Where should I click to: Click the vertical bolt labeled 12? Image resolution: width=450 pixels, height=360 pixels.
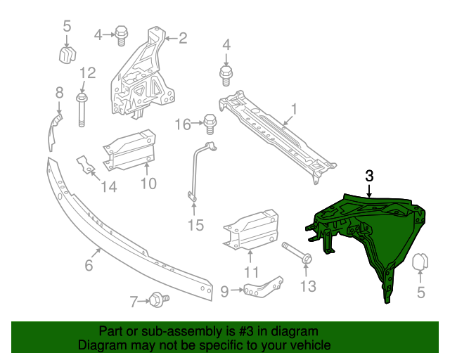tap(82, 111)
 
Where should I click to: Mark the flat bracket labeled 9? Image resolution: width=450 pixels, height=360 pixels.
tap(264, 287)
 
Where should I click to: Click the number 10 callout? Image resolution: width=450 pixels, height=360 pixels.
tap(148, 184)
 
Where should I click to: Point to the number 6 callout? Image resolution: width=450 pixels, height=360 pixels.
tap(89, 265)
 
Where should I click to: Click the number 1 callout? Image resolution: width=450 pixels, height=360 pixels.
tap(295, 108)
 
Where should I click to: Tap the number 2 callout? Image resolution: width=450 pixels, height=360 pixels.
tap(183, 38)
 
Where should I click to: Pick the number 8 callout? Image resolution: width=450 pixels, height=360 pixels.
tap(59, 92)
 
